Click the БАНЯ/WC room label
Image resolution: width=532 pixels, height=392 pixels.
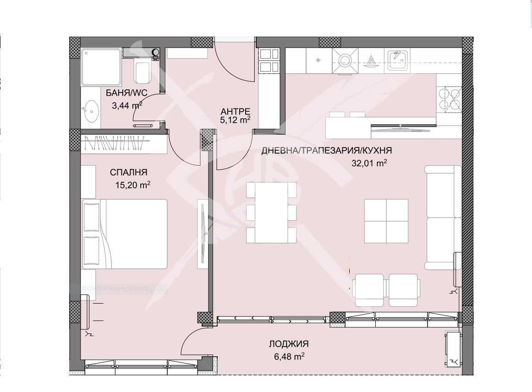tap(126, 93)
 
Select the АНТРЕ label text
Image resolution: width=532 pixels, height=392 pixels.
tap(235, 111)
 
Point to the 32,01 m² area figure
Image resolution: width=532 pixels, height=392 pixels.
tap(369, 163)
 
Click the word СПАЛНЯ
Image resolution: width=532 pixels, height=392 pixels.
tap(128, 173)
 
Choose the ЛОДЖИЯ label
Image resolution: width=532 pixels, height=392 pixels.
tap(289, 344)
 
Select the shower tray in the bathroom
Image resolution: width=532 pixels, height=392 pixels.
tap(101, 67)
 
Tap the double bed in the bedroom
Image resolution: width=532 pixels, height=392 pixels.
tap(125, 234)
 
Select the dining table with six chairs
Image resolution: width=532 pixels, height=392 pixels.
tap(271, 212)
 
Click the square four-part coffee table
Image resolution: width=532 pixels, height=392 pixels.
tap(386, 221)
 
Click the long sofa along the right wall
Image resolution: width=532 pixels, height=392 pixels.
tap(443, 217)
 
